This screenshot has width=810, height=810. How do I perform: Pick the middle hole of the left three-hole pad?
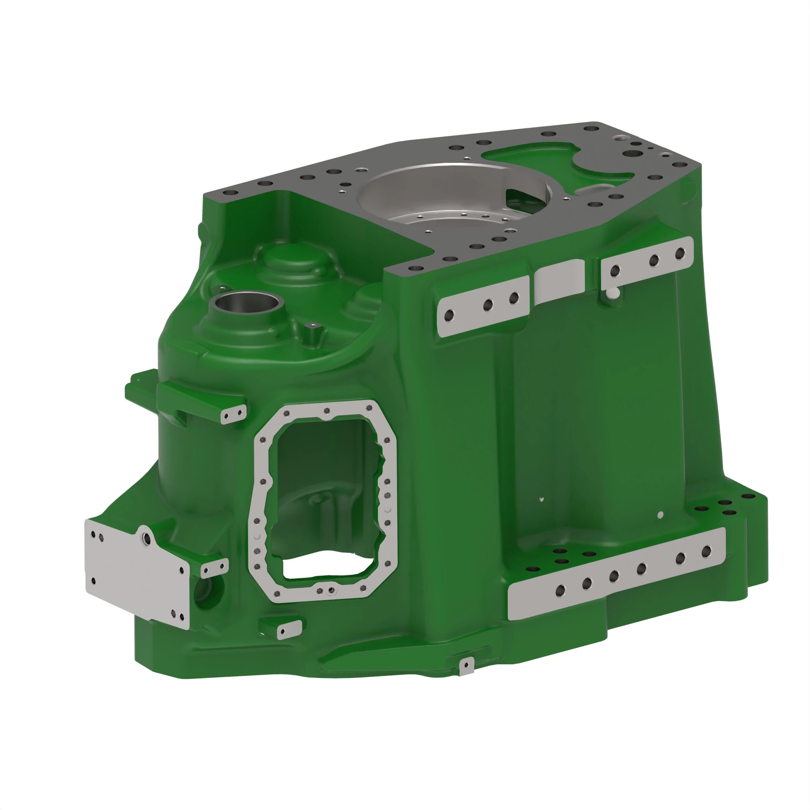click(488, 305)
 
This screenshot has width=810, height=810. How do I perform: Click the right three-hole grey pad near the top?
click(646, 263)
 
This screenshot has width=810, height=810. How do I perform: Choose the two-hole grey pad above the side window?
click(233, 415)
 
